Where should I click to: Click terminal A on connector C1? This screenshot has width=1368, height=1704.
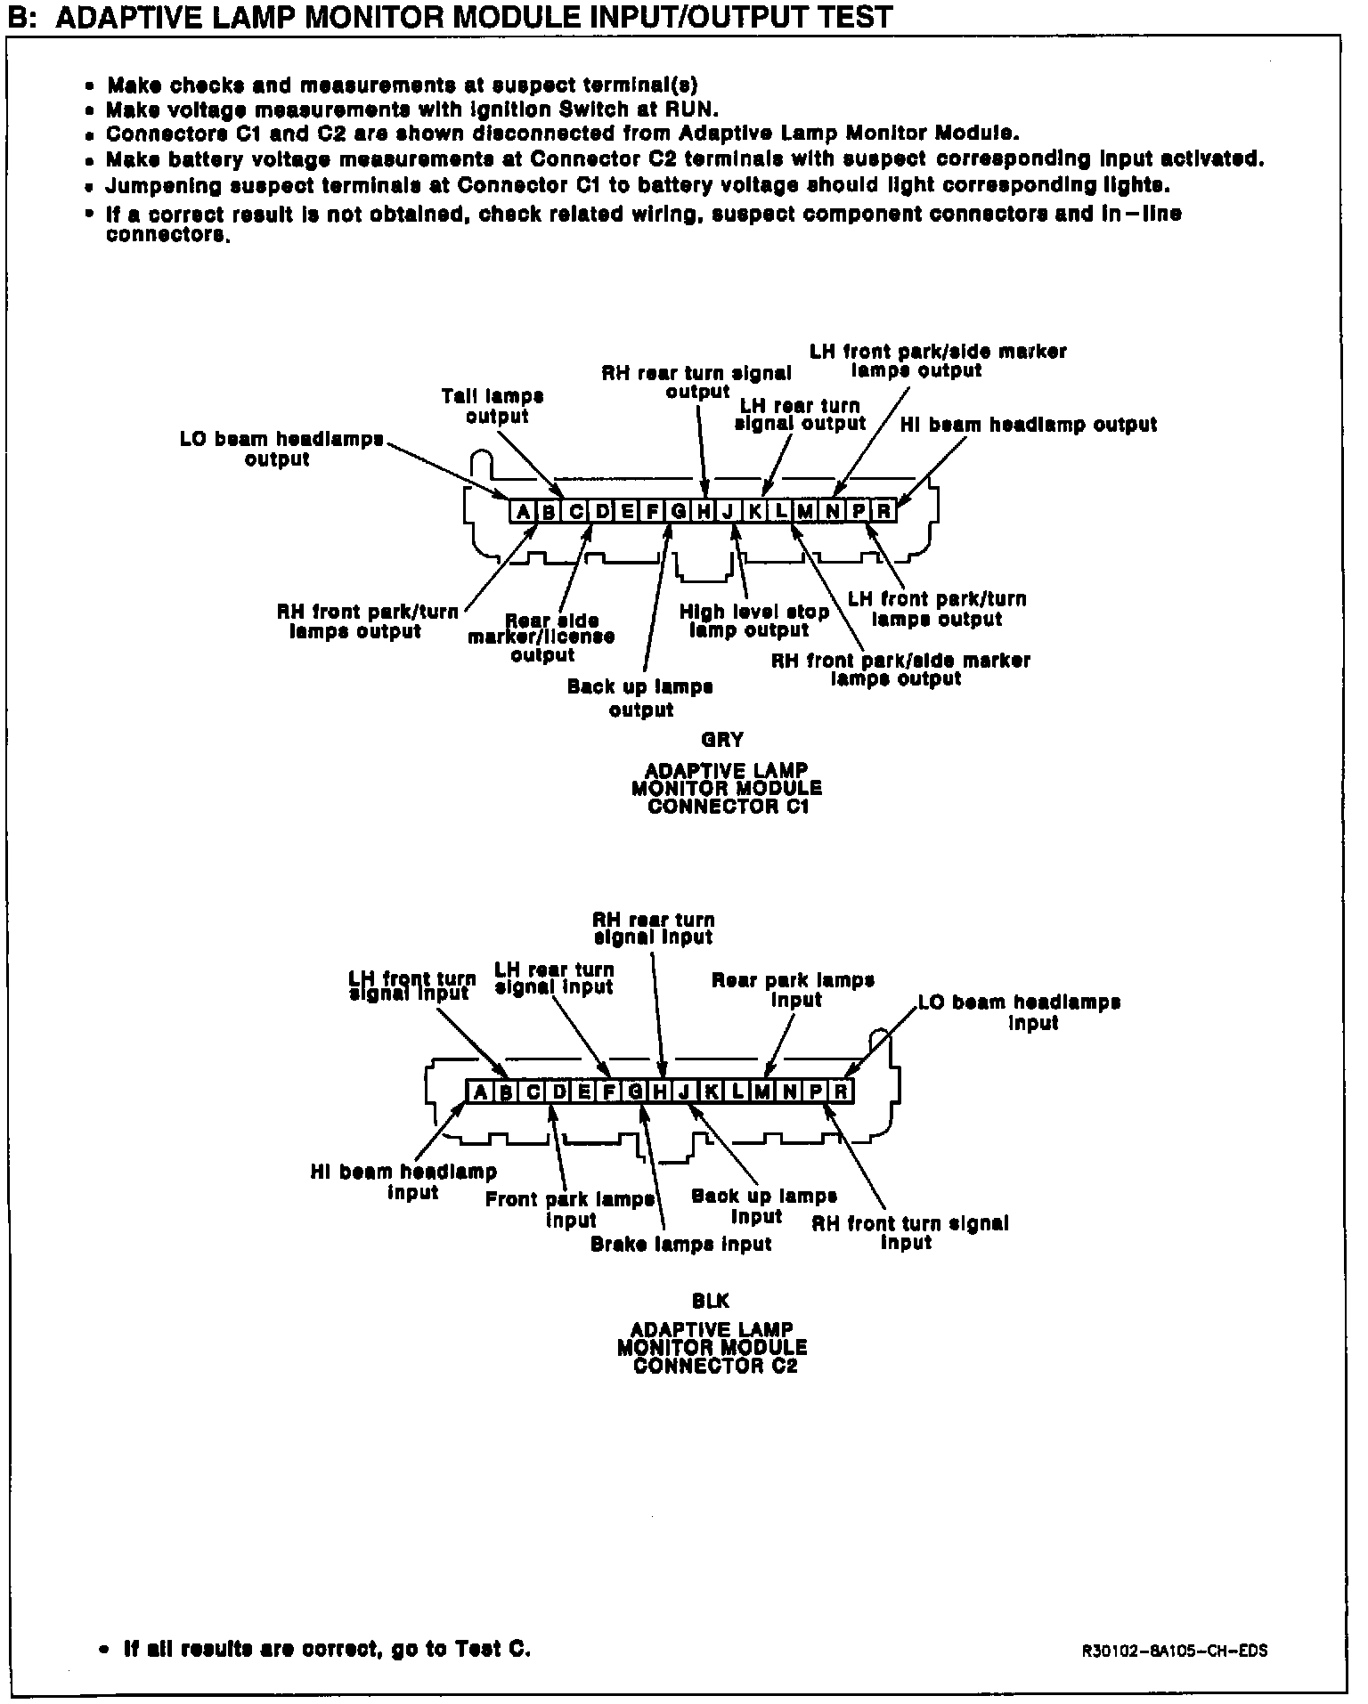523,511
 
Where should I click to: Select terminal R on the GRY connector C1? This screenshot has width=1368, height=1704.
883,511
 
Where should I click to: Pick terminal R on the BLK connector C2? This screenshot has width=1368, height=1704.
841,1091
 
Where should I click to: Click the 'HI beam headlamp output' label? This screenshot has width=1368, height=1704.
1029,426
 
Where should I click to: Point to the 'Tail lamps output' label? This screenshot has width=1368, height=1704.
493,406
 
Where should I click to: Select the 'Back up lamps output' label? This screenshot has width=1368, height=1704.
640,698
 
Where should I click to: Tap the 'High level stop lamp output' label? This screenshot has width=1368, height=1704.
753,621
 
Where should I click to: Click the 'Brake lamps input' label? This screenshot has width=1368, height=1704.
680,1245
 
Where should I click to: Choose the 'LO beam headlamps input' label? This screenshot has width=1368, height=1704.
1021,1012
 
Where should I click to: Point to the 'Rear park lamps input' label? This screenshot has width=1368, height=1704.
793,990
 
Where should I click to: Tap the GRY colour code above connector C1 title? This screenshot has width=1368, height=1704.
722,740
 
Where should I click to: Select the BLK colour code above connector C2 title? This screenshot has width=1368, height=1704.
711,1302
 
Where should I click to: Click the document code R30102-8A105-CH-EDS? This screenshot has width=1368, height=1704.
1175,1651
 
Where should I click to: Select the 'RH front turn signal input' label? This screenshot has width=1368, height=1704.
909,1233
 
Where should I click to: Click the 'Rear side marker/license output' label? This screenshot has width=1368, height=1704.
542,638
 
